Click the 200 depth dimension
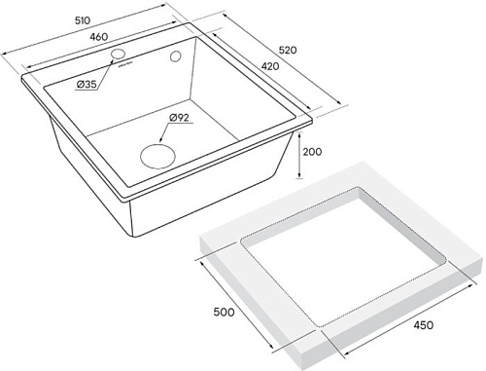[313, 153]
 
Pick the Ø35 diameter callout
[87, 86]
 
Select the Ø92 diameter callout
[179, 119]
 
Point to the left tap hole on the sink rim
[118, 52]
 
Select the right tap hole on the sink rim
[177, 58]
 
